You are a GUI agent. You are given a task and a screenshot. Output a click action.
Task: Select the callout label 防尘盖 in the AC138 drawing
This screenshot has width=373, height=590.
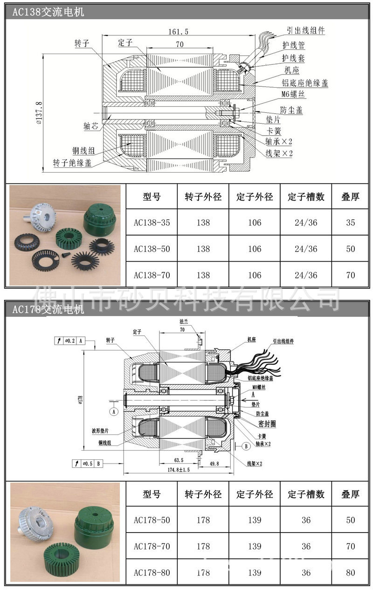[x=291, y=110]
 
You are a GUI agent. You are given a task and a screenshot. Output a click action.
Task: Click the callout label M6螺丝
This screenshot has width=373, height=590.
[x=293, y=95]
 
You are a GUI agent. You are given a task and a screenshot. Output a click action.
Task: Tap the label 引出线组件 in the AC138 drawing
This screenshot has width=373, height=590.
[x=305, y=31]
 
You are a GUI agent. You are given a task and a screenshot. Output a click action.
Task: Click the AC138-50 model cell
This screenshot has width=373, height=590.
[x=152, y=249]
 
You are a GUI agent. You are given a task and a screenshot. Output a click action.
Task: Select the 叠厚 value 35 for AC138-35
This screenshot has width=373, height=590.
[x=350, y=222]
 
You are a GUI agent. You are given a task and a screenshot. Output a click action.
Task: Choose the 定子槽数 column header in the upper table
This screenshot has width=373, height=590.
[x=306, y=197]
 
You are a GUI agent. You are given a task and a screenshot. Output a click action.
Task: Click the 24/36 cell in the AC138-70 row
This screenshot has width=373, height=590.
[x=306, y=275]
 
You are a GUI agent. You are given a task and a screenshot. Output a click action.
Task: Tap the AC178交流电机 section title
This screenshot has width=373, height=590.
[x=48, y=309]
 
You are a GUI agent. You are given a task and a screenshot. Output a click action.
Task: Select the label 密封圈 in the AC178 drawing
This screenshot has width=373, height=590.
[x=267, y=424]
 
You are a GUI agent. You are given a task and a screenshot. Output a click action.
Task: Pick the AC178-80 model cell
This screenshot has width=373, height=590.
[x=152, y=572]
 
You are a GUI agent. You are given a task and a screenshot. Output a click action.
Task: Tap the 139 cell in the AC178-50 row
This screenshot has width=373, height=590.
[x=255, y=520]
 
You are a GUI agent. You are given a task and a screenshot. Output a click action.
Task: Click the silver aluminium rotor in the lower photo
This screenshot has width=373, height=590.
[x=35, y=523]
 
